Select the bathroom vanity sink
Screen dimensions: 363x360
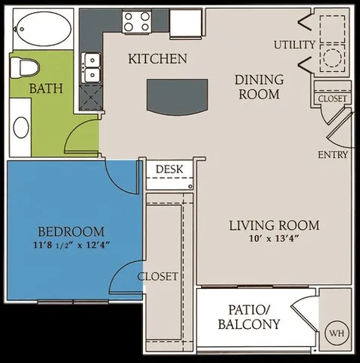(20, 126)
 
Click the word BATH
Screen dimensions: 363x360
(45, 89)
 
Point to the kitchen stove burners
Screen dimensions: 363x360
(137, 20)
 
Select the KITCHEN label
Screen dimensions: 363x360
(157, 59)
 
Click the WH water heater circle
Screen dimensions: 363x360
(335, 333)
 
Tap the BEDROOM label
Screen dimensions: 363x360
(72, 231)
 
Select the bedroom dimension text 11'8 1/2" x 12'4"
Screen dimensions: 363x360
(72, 244)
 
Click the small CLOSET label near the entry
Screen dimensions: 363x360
(333, 99)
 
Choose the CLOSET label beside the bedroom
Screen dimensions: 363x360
(158, 276)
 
